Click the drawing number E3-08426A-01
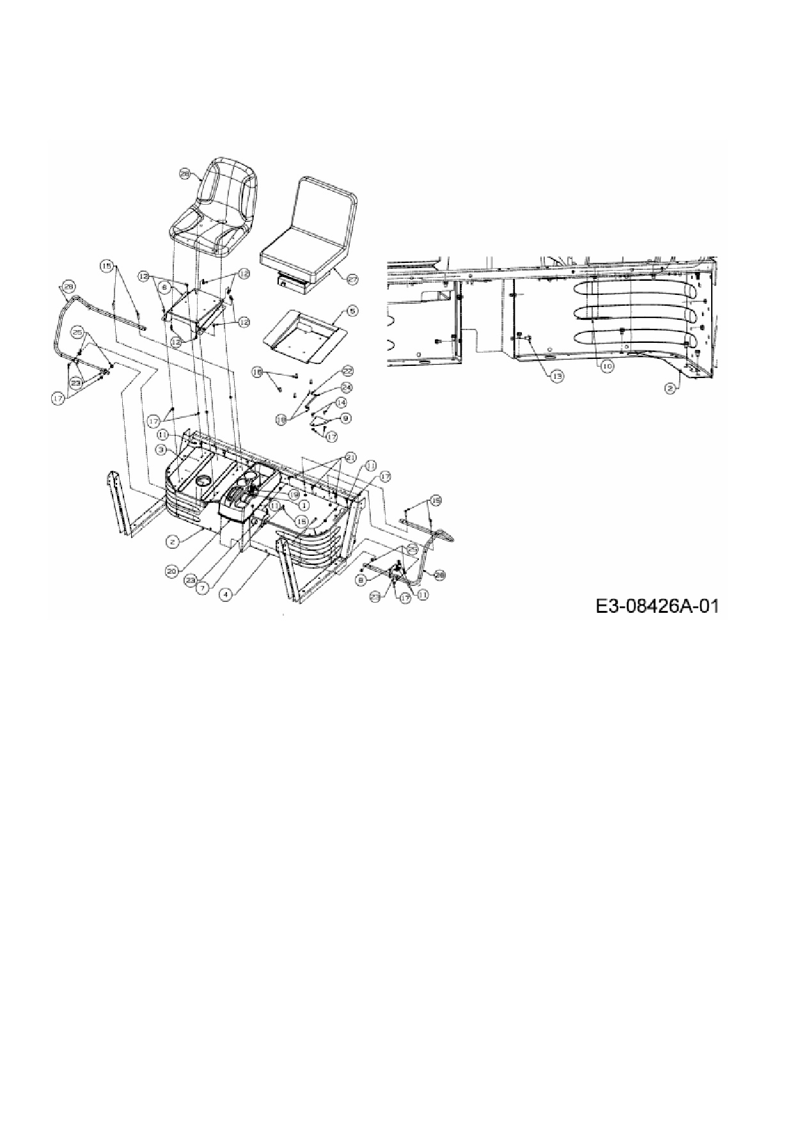pos(657,605)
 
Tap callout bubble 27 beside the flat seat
pos(352,279)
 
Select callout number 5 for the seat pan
pos(352,310)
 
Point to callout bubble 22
pos(347,371)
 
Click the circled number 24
pos(346,387)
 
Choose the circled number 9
pos(346,418)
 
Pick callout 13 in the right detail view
pos(558,376)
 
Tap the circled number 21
pos(350,456)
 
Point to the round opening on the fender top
pos(205,481)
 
